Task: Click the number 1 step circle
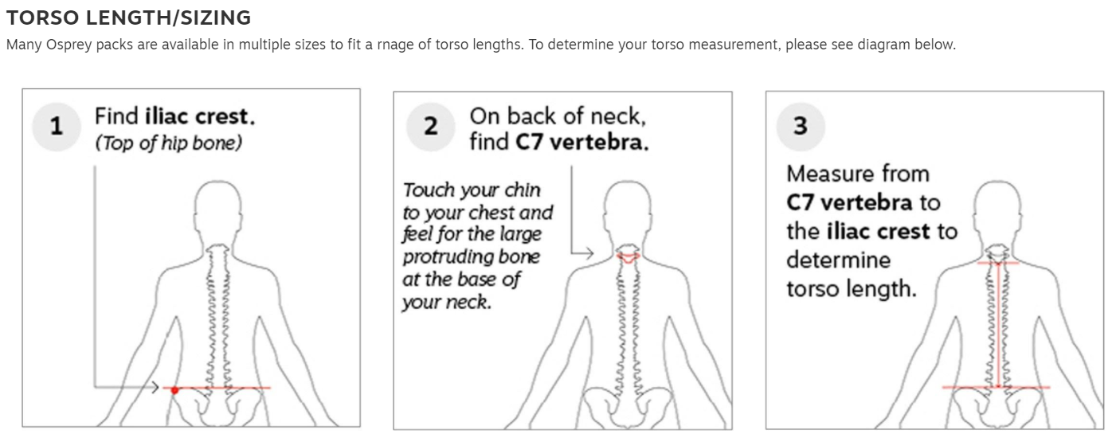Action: click(x=57, y=127)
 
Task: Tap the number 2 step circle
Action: click(x=430, y=127)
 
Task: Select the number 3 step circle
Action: click(x=800, y=127)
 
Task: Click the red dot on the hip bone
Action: click(x=174, y=390)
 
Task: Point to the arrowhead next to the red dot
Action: click(x=155, y=387)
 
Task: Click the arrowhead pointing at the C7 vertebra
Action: click(x=589, y=253)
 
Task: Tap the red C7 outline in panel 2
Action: click(x=628, y=257)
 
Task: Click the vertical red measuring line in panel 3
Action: click(x=998, y=325)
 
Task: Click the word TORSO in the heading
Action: click(x=42, y=18)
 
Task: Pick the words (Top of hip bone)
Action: click(x=168, y=143)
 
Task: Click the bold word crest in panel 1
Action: click(x=225, y=116)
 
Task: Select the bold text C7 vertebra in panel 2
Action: click(x=582, y=143)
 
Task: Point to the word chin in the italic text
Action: click(x=522, y=190)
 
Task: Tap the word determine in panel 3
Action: click(x=839, y=260)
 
